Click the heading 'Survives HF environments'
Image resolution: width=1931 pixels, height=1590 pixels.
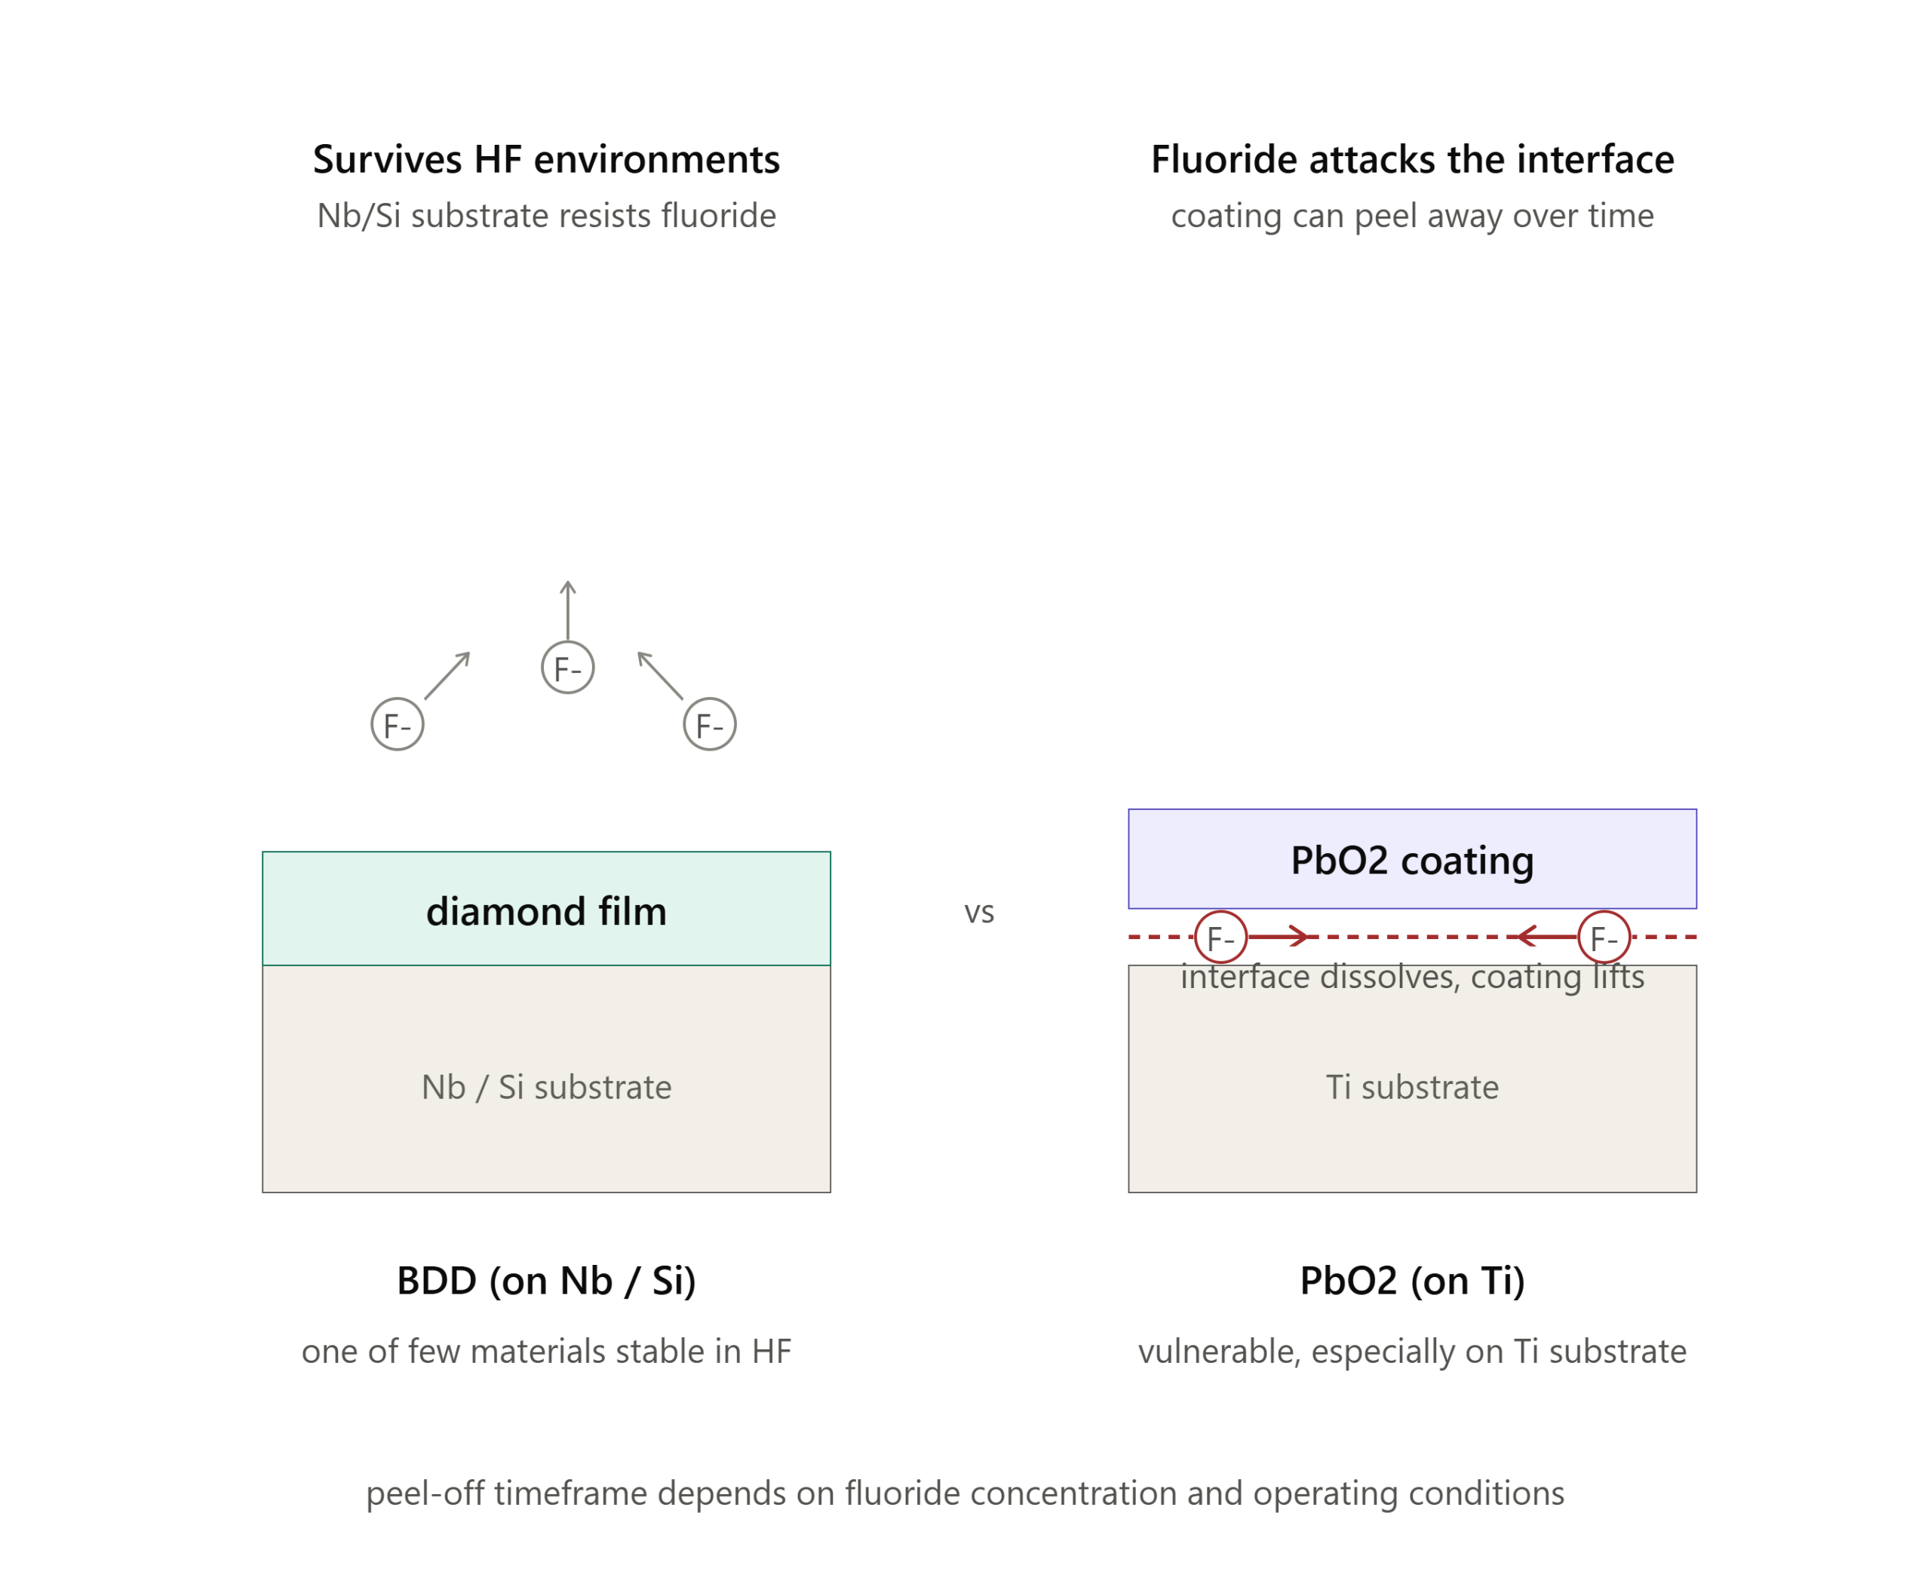546,159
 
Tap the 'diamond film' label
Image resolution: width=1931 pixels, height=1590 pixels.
546,911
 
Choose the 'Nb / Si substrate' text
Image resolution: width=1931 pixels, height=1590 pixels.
546,1087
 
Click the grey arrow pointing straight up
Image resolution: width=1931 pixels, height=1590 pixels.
568,610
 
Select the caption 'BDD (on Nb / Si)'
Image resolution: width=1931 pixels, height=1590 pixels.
546,1281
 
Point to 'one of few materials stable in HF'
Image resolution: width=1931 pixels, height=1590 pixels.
546,1351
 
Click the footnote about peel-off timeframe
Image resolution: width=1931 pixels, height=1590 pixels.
965,1493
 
